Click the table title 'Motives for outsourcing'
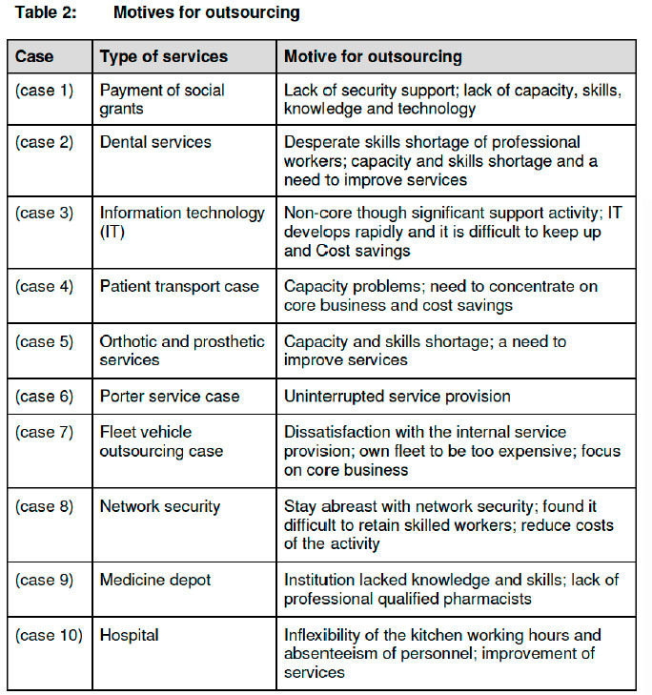tap(206, 12)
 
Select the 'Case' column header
tap(33, 57)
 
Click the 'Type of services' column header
tap(163, 57)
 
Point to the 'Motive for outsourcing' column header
tap(373, 57)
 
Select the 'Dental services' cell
tap(155, 142)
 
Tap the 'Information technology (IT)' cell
tap(181, 222)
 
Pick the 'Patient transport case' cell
tap(178, 285)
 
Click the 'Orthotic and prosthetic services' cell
tap(181, 350)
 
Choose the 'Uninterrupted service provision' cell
tap(397, 396)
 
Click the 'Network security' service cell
tap(159, 506)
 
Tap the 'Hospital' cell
tap(130, 634)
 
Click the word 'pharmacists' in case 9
tap(486, 598)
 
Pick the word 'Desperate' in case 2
tap(320, 142)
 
